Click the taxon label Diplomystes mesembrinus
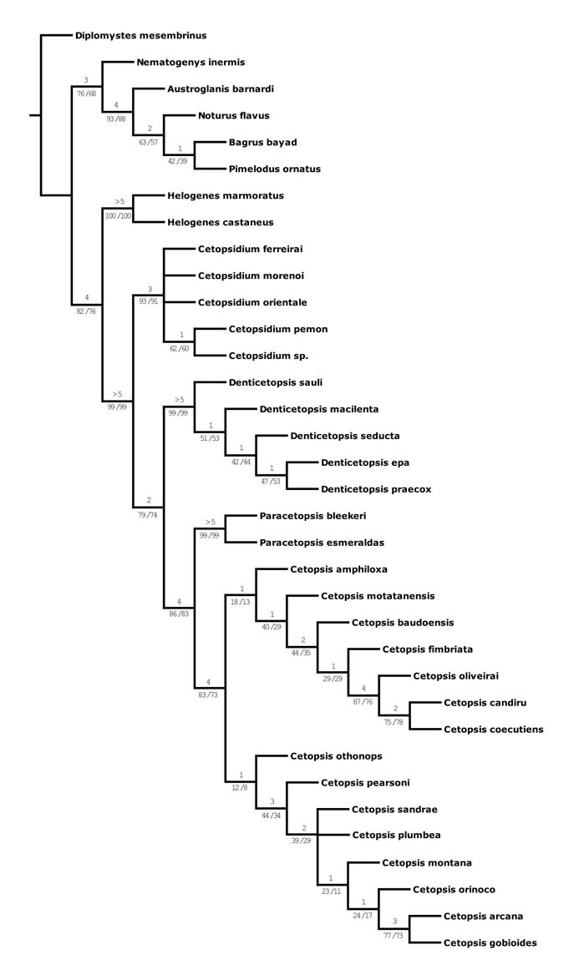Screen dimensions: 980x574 (140, 36)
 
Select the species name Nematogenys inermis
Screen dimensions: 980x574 (190, 63)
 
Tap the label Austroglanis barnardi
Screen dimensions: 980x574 (221, 89)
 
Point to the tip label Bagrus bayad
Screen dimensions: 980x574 (262, 143)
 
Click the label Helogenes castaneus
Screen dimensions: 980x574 (221, 223)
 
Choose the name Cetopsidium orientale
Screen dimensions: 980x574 (251, 302)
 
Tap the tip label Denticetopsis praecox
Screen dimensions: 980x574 (376, 489)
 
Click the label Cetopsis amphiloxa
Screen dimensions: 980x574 (339, 569)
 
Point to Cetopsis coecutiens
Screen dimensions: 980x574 (494, 730)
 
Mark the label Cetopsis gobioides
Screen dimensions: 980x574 (490, 943)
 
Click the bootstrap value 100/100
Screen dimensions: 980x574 (118, 216)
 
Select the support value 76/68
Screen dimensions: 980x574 (86, 93)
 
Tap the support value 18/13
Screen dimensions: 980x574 (241, 601)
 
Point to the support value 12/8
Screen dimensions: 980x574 (239, 787)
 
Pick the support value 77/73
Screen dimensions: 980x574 (394, 935)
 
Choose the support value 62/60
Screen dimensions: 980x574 (180, 347)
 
